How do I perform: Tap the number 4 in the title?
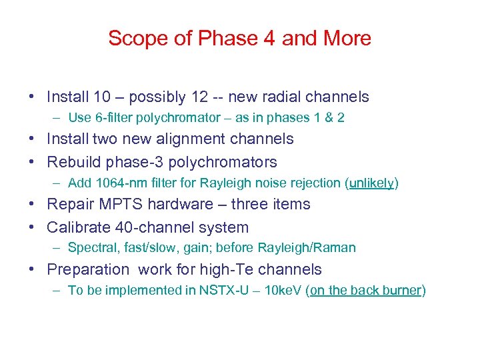(269, 39)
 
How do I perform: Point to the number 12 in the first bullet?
(200, 97)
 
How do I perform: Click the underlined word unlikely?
(371, 183)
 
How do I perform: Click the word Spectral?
(91, 248)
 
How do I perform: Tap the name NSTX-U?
(221, 291)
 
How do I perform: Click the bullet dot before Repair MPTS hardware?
(32, 205)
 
